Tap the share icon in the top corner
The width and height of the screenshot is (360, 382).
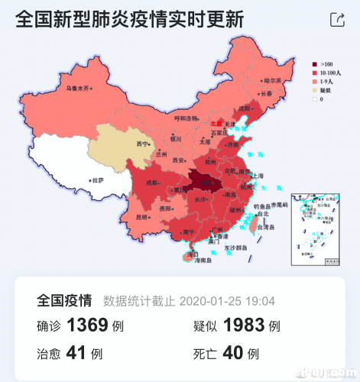336,20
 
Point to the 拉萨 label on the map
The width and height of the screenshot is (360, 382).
96,181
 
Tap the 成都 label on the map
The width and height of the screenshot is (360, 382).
151,183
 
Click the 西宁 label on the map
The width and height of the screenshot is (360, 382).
141,144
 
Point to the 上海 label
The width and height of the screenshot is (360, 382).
256,176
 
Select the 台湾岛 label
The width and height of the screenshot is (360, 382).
264,228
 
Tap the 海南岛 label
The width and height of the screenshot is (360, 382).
201,261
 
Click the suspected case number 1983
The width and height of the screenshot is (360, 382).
244,325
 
